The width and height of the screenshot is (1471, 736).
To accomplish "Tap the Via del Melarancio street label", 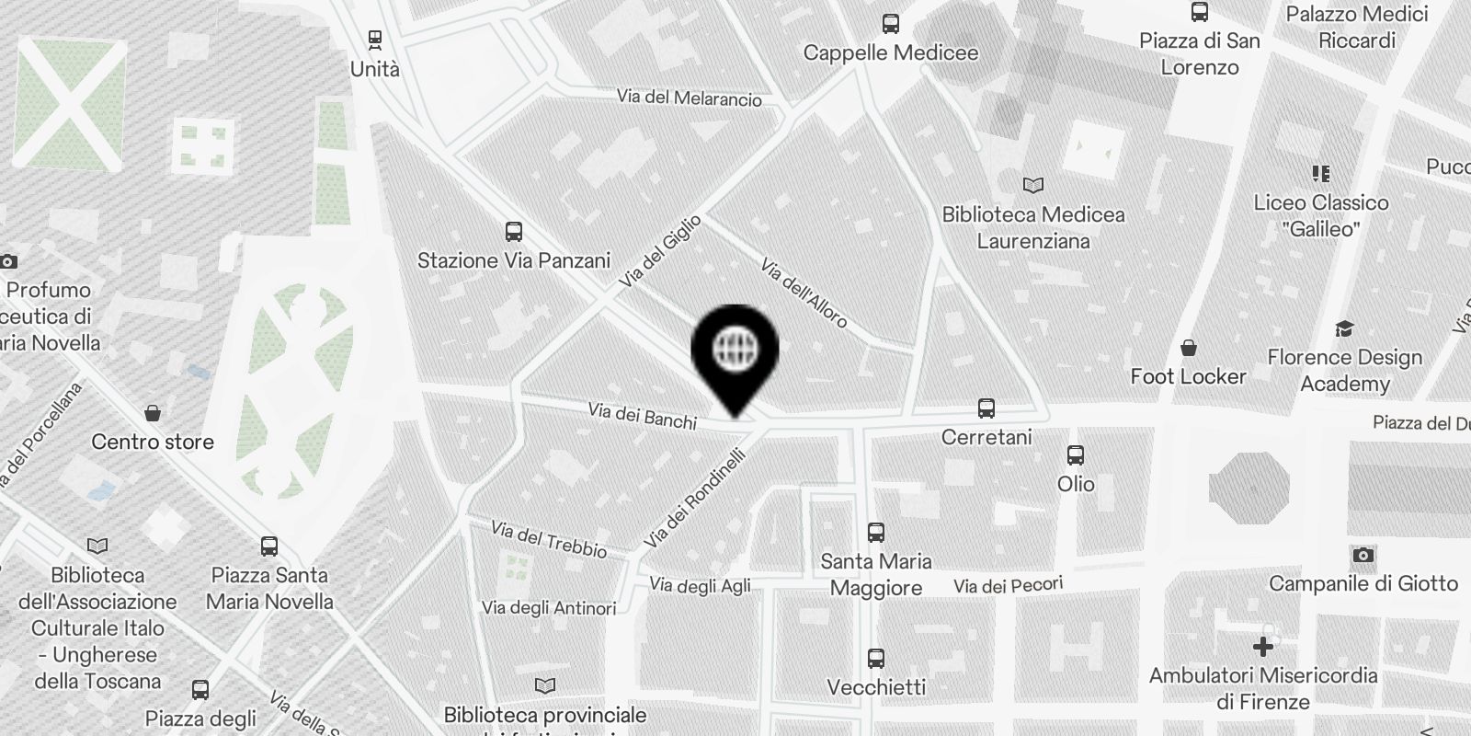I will pyautogui.click(x=689, y=98).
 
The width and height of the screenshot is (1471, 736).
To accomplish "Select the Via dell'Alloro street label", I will pyautogui.click(x=804, y=293).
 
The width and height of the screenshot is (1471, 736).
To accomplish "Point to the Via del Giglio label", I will pyautogui.click(x=660, y=251).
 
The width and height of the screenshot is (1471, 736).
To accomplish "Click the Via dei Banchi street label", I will pyautogui.click(x=643, y=416).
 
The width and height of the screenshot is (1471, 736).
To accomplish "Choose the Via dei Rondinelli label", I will pyautogui.click(x=694, y=498).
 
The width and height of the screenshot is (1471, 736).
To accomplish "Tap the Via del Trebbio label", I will pyautogui.click(x=549, y=539).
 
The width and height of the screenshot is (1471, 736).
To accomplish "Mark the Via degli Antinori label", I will pyautogui.click(x=549, y=608).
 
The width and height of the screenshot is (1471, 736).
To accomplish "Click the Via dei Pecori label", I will pyautogui.click(x=1008, y=585).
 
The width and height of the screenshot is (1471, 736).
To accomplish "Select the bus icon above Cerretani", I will pyautogui.click(x=986, y=408).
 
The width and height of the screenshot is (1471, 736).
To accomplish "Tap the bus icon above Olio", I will pyautogui.click(x=1076, y=454).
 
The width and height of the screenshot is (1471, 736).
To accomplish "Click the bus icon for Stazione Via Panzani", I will pyautogui.click(x=514, y=231).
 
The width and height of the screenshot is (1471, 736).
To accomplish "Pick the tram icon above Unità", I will pyautogui.click(x=374, y=40).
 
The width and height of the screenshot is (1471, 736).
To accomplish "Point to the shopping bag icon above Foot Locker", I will pyautogui.click(x=1189, y=348).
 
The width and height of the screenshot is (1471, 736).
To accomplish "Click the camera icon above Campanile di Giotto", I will pyautogui.click(x=1363, y=555).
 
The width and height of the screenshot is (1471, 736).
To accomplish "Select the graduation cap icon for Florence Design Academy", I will pyautogui.click(x=1344, y=328).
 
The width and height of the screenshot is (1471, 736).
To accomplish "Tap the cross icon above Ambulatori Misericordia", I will pyautogui.click(x=1263, y=647).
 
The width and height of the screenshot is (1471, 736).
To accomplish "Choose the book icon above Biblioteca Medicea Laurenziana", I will pyautogui.click(x=1033, y=185).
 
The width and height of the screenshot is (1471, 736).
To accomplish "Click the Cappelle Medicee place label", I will pyautogui.click(x=890, y=52).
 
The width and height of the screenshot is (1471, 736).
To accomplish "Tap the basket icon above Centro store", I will pyautogui.click(x=153, y=413).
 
